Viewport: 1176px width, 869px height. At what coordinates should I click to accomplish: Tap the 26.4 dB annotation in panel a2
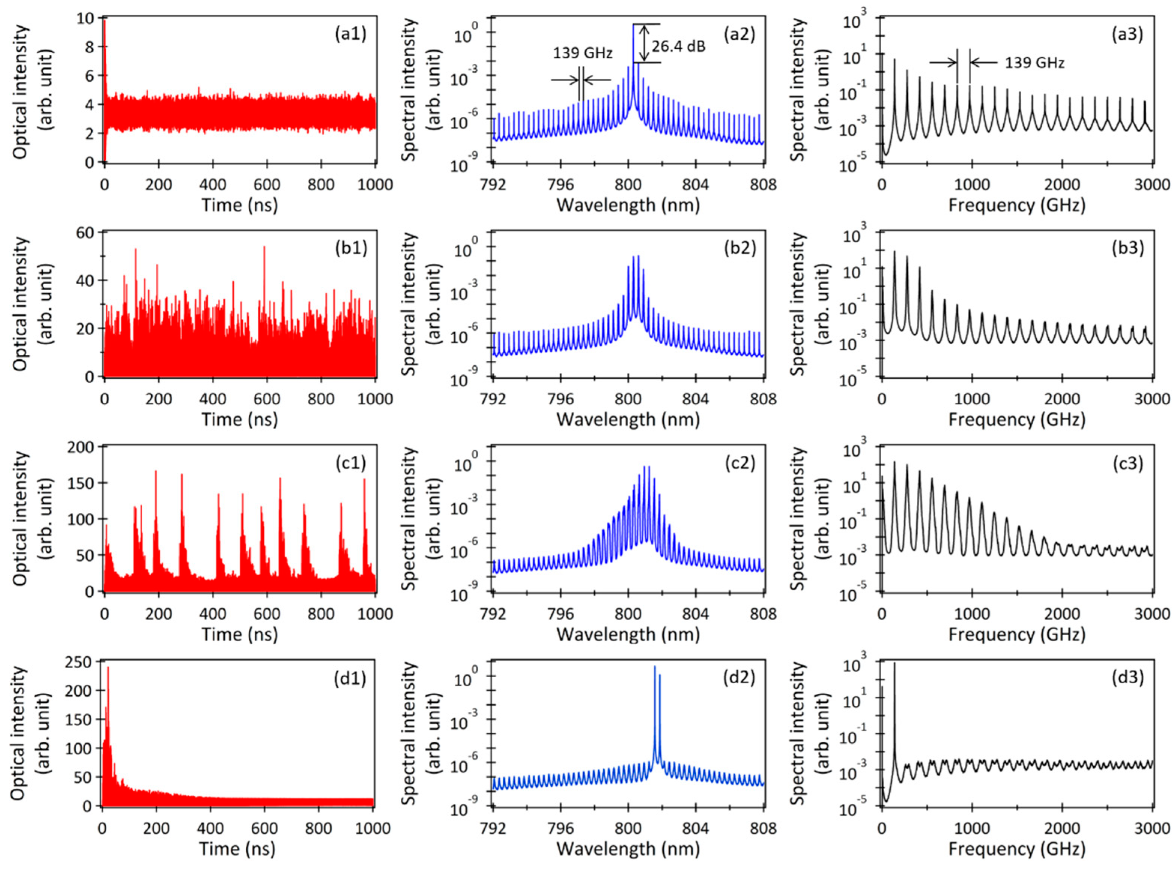pos(679,46)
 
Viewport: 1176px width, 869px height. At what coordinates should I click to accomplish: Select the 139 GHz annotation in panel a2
pos(582,53)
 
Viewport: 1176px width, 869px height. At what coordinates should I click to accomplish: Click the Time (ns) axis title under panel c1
pos(239,634)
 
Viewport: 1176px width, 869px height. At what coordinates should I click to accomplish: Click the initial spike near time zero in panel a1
pos(104,24)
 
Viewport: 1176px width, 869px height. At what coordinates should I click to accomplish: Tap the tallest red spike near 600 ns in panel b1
pos(264,247)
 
